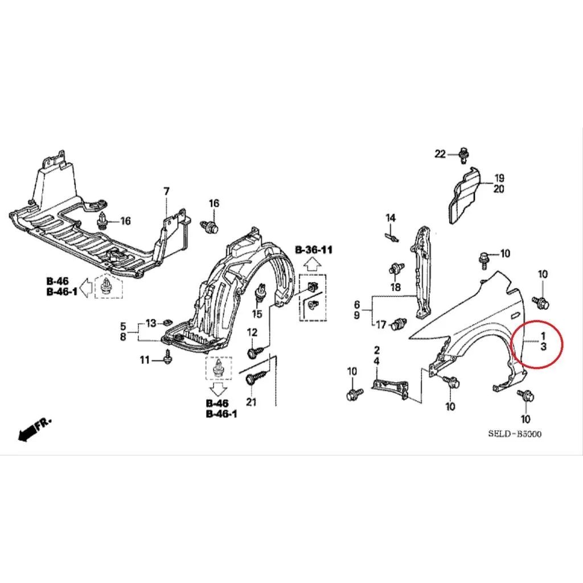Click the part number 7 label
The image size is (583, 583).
click(166, 192)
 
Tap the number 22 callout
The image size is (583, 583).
click(440, 154)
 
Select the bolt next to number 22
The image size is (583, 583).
click(463, 155)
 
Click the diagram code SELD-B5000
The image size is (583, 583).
click(515, 434)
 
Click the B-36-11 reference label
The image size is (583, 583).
click(314, 249)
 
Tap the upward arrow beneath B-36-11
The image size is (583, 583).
click(313, 265)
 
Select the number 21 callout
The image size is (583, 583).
click(251, 402)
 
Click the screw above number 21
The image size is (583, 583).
click(257, 377)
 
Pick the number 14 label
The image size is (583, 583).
click(391, 218)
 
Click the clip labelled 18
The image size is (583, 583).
click(397, 269)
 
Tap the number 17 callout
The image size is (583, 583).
click(381, 325)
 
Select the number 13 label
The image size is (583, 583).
click(150, 323)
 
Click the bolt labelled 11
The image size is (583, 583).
click(168, 357)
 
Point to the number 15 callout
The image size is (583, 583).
click(257, 314)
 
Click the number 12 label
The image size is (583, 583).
click(252, 332)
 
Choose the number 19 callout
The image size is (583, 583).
click(499, 178)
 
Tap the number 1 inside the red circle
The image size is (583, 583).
click(543, 336)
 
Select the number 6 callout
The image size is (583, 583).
click(357, 305)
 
